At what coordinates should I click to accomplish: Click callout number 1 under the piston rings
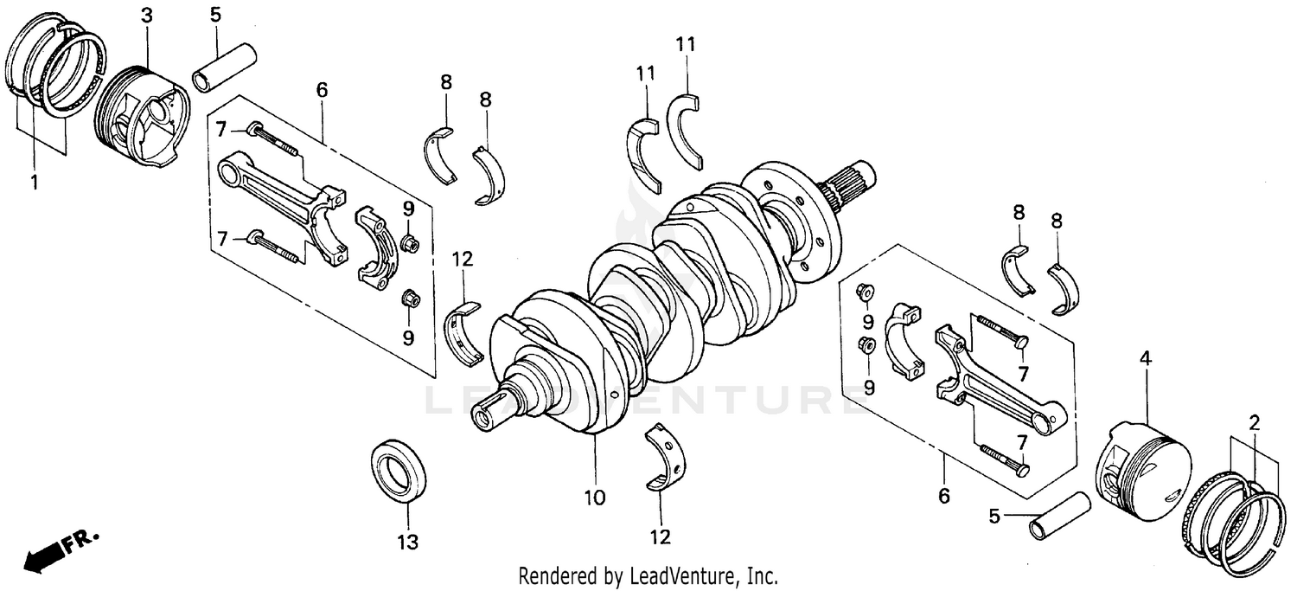pyautogui.click(x=35, y=183)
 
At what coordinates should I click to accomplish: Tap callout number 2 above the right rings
pyautogui.click(x=1254, y=423)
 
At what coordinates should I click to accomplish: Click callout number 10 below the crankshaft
pyautogui.click(x=595, y=498)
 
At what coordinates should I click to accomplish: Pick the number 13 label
pyautogui.click(x=407, y=543)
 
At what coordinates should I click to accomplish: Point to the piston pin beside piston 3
pyautogui.click(x=224, y=69)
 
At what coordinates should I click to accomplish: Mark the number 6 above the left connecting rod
pyautogui.click(x=322, y=89)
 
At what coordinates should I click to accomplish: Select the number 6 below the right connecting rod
pyautogui.click(x=943, y=496)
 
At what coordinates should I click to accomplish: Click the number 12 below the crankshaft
pyautogui.click(x=660, y=537)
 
